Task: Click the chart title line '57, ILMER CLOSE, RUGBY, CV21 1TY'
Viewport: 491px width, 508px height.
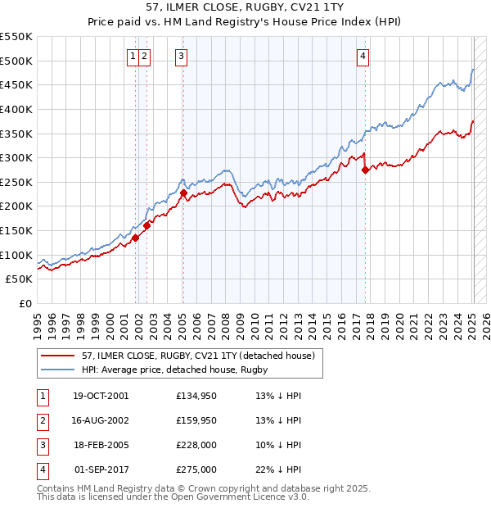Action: [245, 8]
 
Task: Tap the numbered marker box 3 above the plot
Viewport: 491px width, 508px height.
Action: [181, 57]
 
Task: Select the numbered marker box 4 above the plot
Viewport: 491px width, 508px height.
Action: [363, 57]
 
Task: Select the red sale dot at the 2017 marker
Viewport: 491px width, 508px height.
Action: [365, 170]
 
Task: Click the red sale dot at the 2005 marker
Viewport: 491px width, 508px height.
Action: [183, 193]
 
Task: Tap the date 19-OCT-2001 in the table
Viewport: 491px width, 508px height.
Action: [100, 396]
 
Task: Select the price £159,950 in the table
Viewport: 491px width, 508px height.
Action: [196, 420]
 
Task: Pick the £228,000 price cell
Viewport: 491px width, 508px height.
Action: [196, 445]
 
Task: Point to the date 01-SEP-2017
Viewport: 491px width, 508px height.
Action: [100, 469]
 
